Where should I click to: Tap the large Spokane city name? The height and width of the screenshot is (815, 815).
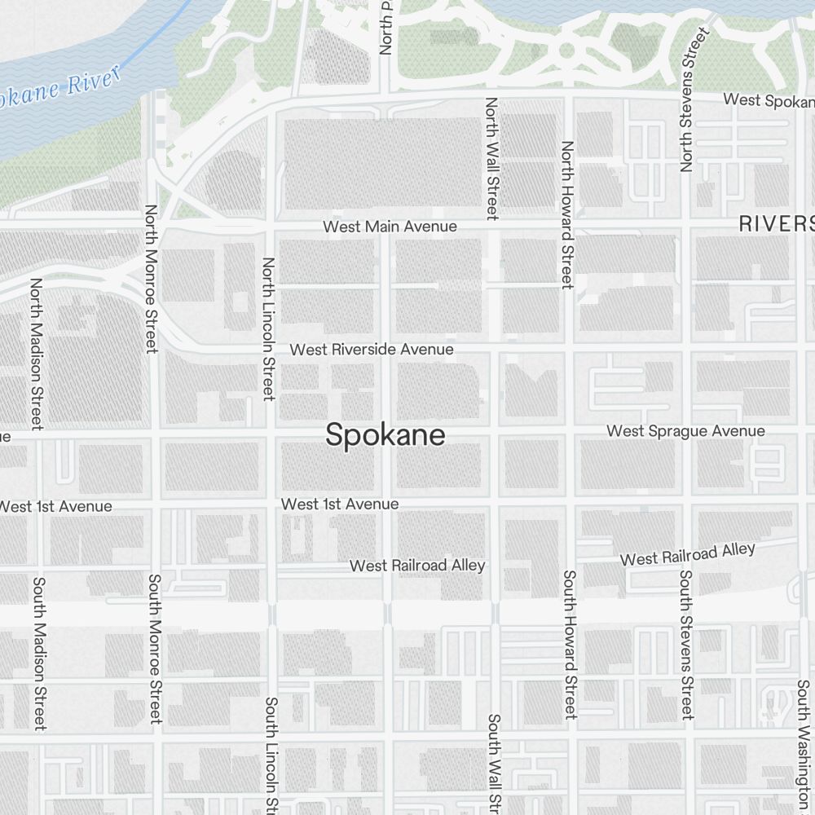385,435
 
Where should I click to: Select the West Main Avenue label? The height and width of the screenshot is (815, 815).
390,227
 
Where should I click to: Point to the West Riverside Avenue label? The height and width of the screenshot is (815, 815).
372,350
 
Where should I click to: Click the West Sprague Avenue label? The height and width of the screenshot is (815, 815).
686,431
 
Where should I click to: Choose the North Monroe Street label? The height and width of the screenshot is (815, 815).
151,278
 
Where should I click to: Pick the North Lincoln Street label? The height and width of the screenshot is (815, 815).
268,329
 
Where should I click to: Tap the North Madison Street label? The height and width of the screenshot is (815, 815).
36,354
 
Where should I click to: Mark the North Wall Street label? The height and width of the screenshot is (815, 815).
491,159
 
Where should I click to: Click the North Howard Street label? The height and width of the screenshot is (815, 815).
568,214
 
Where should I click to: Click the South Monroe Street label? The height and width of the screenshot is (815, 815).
155,648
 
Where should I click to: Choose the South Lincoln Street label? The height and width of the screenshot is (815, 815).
272,754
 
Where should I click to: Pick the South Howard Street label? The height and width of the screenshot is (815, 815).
570,644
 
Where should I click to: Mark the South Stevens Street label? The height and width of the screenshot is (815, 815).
686,645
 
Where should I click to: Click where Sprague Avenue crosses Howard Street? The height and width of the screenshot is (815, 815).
570,430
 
